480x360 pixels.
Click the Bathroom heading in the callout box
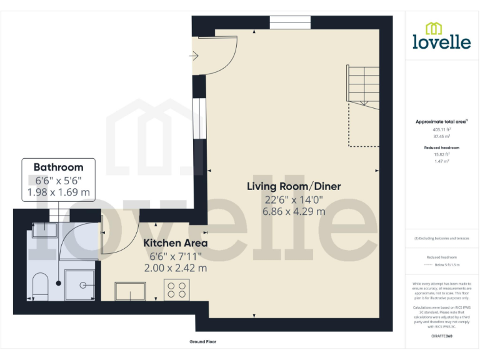(x=58, y=167)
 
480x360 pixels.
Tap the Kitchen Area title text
(x=176, y=242)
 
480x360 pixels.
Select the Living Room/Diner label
(x=294, y=186)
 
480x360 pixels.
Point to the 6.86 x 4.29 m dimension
(x=294, y=212)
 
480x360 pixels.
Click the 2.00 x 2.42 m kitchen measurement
(x=176, y=267)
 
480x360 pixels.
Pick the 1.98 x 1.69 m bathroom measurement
(x=58, y=192)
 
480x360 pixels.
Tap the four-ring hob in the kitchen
(x=176, y=289)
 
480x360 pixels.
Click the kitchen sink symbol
(x=130, y=291)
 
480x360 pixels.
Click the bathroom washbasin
(x=44, y=230)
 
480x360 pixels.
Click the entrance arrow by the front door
(x=193, y=56)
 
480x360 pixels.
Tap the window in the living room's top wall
(x=289, y=23)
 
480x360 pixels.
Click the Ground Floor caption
(x=202, y=342)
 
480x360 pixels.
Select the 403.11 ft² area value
(x=442, y=130)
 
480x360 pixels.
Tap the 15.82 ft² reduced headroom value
(x=442, y=154)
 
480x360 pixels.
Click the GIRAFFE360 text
(x=442, y=336)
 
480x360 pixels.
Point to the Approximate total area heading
(x=441, y=121)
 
